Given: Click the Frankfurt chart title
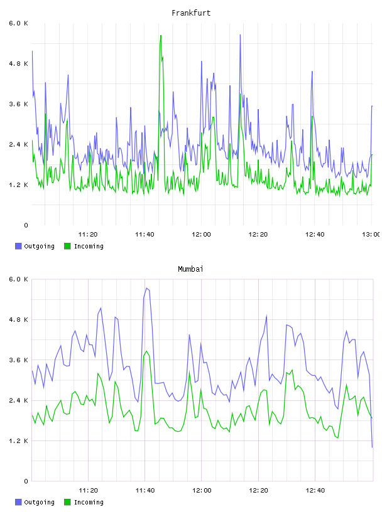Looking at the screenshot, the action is tap(191, 13).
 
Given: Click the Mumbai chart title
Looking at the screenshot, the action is tap(190, 269).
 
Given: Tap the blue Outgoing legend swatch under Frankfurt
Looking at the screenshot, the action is tap(18, 246).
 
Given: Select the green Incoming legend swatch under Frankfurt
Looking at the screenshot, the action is tap(67, 246).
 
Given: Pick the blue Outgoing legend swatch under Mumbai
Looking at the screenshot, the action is tap(18, 502).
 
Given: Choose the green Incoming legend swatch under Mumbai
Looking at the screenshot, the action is tap(67, 502).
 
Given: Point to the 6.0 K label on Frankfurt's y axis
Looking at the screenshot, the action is tap(18, 23).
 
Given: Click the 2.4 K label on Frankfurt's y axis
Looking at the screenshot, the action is tap(18, 144).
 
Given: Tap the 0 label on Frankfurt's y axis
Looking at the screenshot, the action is tap(26, 225).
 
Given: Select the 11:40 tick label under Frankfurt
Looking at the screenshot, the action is tap(145, 234).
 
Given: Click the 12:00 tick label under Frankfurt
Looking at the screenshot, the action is tap(201, 234).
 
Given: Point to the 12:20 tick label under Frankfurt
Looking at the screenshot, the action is tap(258, 234).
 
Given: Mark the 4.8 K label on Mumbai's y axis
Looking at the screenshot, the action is tap(18, 319).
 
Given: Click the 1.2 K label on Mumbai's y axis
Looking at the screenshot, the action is tap(18, 441).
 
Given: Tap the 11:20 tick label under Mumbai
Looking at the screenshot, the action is tap(89, 490).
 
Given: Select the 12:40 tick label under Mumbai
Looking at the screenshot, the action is tap(315, 490).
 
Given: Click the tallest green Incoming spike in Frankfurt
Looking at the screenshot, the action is tap(161, 36).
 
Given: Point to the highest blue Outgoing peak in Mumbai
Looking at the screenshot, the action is tap(146, 289).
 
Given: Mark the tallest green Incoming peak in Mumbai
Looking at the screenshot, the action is tap(146, 351).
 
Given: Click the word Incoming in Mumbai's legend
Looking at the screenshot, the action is tap(89, 502).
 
